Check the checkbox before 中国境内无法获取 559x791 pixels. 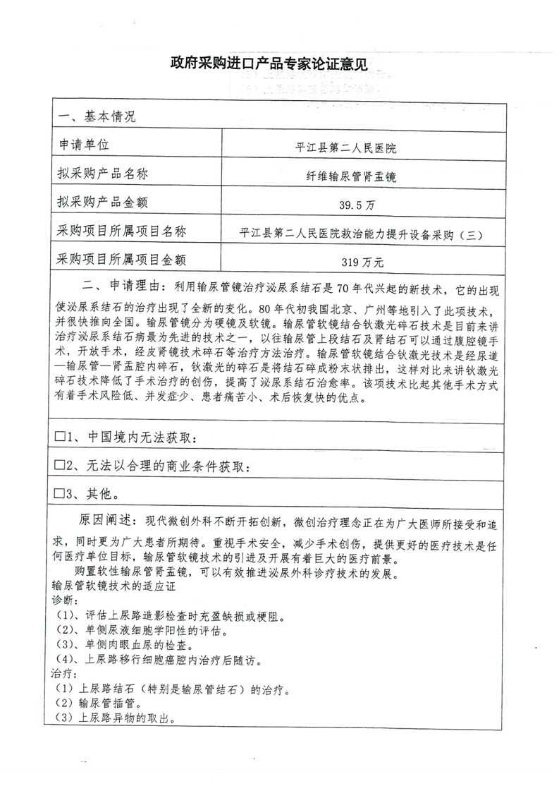(x=60, y=437)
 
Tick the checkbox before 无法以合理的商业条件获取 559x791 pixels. (x=60, y=465)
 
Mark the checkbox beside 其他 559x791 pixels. (x=60, y=493)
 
